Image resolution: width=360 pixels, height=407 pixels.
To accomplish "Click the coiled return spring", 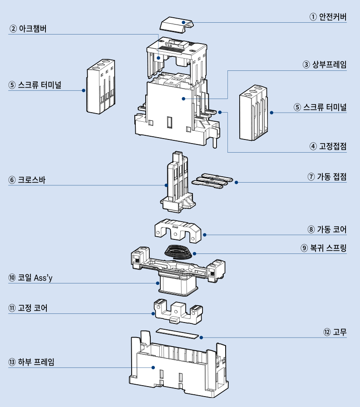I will point(178,251).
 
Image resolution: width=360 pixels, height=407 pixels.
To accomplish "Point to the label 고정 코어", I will point(32,308).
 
